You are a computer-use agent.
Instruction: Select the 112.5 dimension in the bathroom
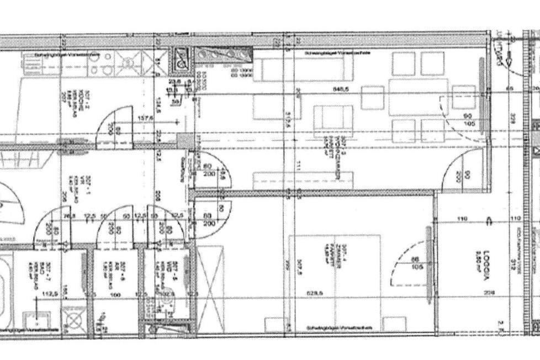51,294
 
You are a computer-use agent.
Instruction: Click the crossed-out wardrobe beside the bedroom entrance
211,289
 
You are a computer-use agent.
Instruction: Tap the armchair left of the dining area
333,118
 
